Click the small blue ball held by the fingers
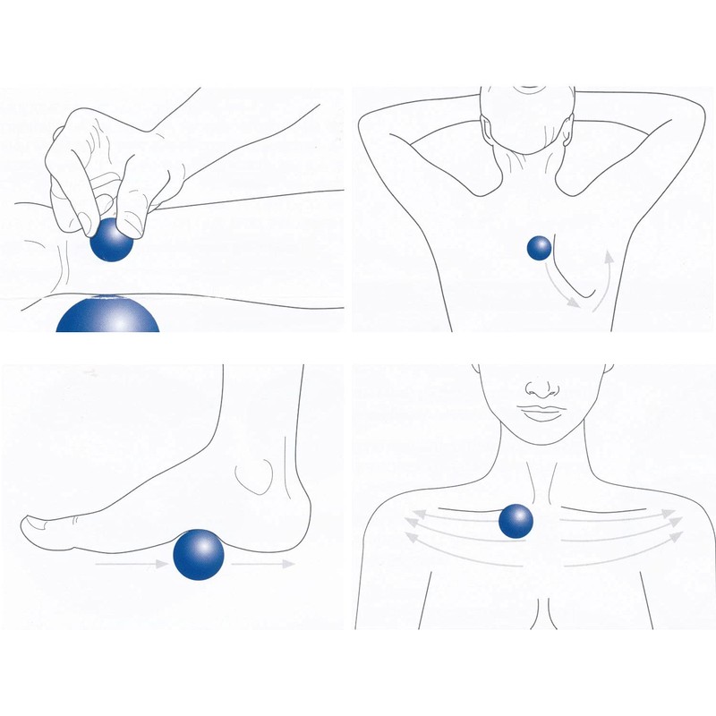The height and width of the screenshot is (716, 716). [x=113, y=240]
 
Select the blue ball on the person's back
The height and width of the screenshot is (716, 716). [x=540, y=248]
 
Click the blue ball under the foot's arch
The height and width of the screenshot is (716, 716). [x=198, y=555]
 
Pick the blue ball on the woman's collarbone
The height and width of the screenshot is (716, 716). [x=516, y=521]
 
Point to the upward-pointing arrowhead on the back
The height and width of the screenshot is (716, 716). [x=607, y=257]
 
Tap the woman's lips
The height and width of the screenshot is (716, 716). [x=539, y=412]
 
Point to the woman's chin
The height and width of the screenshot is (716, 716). [x=539, y=436]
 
